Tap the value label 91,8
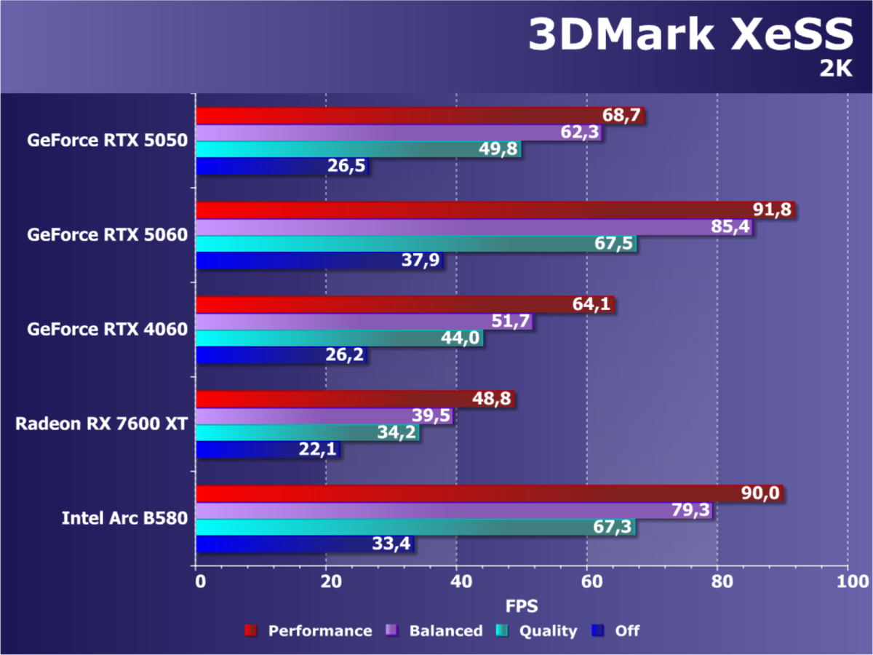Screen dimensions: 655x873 point(773,210)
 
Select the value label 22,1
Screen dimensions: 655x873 point(317,450)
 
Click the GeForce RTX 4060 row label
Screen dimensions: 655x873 point(108,329)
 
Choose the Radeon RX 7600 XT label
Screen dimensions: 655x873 point(101,424)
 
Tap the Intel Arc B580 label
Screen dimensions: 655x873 point(124,518)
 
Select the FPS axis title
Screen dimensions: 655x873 point(522,606)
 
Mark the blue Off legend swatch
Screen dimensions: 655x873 point(598,631)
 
